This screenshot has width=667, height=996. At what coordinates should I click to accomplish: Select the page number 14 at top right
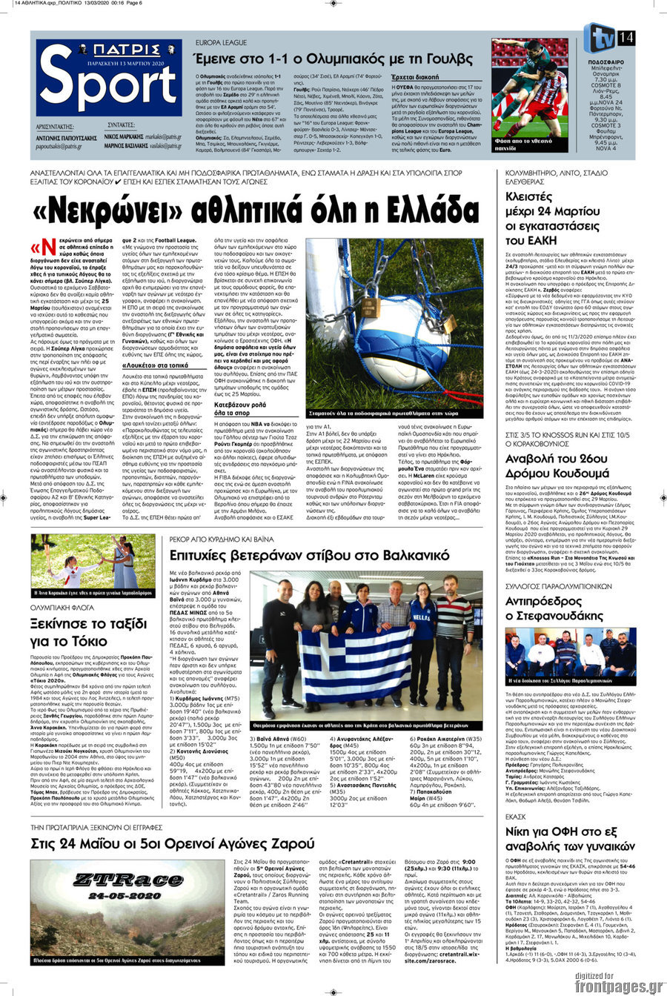coord(625,37)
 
